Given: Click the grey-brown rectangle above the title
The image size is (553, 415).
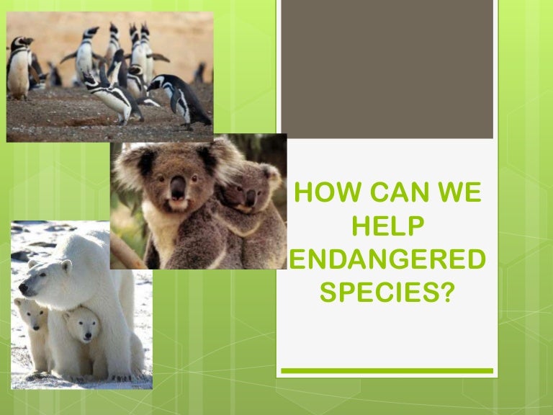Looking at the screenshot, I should (387, 68).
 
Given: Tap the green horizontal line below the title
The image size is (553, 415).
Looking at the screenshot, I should (387, 370).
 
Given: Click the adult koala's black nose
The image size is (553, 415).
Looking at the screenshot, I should (178, 189).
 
